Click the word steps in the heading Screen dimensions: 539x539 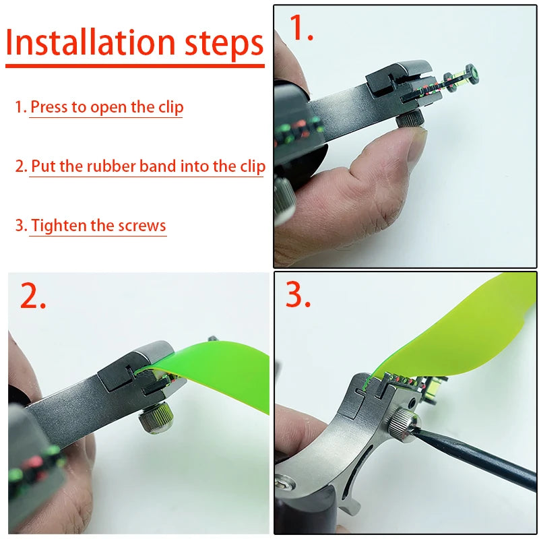click(x=224, y=42)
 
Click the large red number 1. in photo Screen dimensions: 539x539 click(x=301, y=28)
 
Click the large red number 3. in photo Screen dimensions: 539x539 click(x=298, y=294)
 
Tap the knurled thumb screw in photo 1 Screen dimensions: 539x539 click(x=410, y=119)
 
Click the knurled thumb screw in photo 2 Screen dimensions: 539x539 click(x=154, y=418)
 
